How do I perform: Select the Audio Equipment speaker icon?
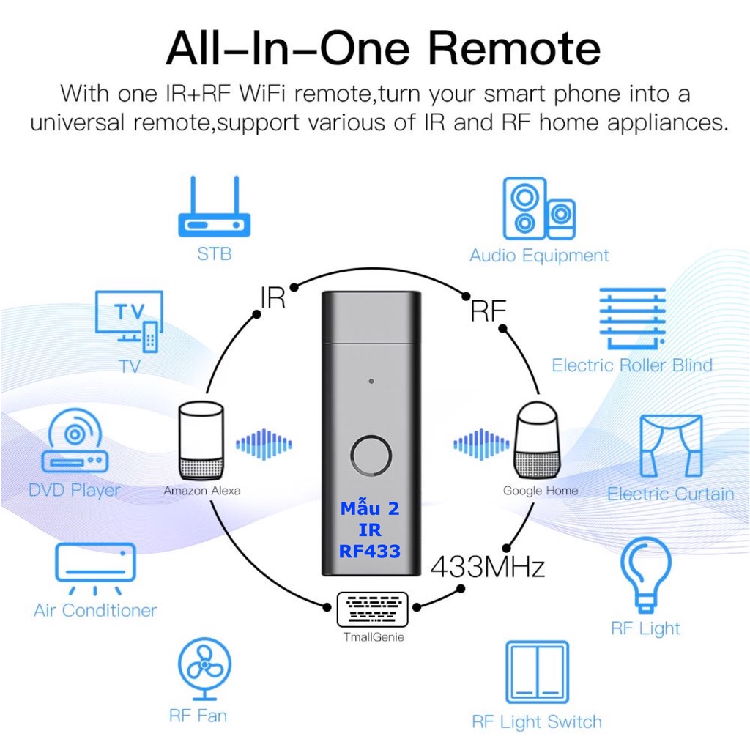click(539, 209)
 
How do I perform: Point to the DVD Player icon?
click(75, 440)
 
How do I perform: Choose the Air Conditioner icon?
click(95, 568)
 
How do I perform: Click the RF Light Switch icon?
click(537, 672)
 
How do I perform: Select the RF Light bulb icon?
click(646, 575)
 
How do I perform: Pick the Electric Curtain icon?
click(671, 446)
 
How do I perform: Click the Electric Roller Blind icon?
click(632, 319)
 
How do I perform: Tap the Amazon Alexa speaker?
click(201, 440)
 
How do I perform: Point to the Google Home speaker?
click(537, 440)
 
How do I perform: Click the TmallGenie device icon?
click(373, 609)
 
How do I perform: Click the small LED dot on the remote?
click(371, 381)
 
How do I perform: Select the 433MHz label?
click(488, 567)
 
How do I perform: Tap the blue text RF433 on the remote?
click(370, 551)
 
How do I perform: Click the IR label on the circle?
click(272, 297)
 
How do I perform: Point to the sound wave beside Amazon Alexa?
click(264, 445)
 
